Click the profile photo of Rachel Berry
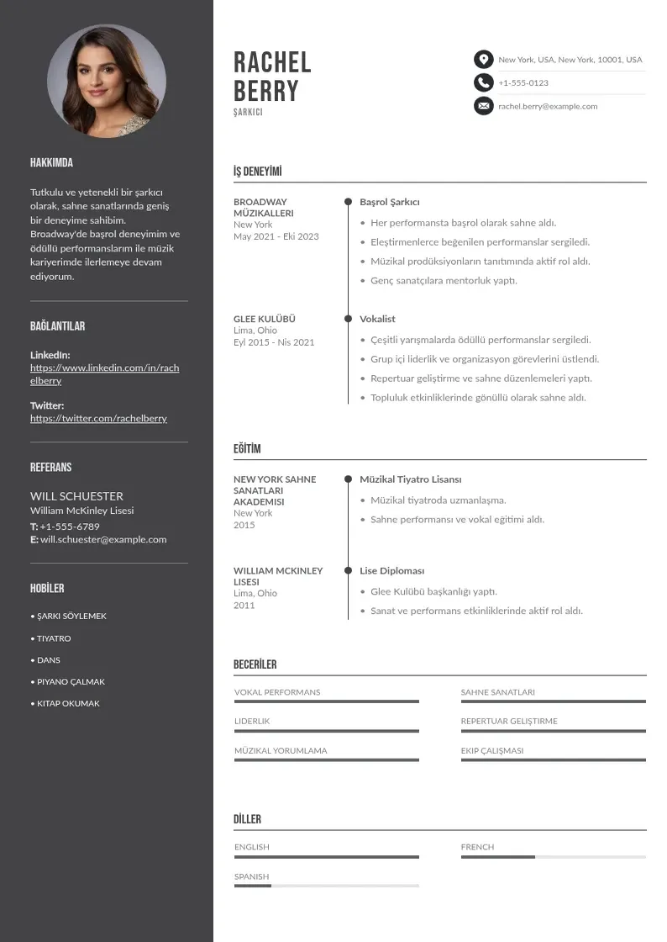(107, 82)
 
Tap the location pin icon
(483, 60)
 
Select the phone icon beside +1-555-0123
(483, 82)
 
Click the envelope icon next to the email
(483, 106)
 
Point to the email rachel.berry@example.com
(548, 107)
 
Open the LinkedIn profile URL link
(104, 374)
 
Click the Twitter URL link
(98, 418)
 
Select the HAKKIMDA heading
(51, 163)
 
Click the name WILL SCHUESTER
(76, 496)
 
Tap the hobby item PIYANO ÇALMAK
(71, 682)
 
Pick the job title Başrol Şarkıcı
(389, 202)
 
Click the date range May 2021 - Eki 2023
(276, 236)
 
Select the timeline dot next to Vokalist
(348, 319)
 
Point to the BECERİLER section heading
(255, 664)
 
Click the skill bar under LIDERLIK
(326, 731)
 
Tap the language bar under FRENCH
(553, 857)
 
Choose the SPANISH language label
(251, 876)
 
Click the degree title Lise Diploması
(391, 570)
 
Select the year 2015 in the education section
(244, 525)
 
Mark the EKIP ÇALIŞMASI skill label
(491, 750)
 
